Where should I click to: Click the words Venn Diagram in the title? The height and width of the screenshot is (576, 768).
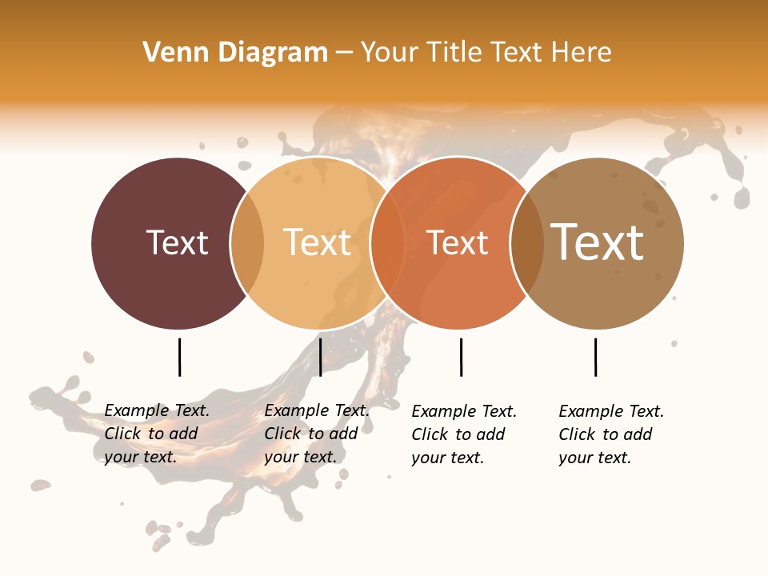(x=235, y=53)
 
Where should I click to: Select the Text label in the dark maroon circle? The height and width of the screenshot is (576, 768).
(x=177, y=242)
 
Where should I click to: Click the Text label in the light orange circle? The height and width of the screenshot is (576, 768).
(x=318, y=242)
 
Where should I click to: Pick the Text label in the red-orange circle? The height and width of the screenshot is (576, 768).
(x=457, y=242)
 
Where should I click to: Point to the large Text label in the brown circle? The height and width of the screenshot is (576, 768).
(x=597, y=242)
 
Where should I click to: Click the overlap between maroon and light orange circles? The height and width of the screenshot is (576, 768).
(x=247, y=243)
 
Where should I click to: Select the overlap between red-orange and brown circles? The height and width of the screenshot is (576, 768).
(x=526, y=243)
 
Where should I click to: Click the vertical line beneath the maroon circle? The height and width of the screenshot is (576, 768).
(x=179, y=357)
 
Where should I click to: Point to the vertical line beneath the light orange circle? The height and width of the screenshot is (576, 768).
(x=320, y=357)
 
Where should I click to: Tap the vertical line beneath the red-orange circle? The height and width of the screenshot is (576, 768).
(x=461, y=357)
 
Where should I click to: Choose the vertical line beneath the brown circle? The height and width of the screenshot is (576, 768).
(x=595, y=357)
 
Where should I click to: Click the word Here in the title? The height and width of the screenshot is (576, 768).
(x=582, y=53)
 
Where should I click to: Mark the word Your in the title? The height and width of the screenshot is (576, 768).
(x=390, y=53)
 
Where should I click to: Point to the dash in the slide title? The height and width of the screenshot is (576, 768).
(x=344, y=54)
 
